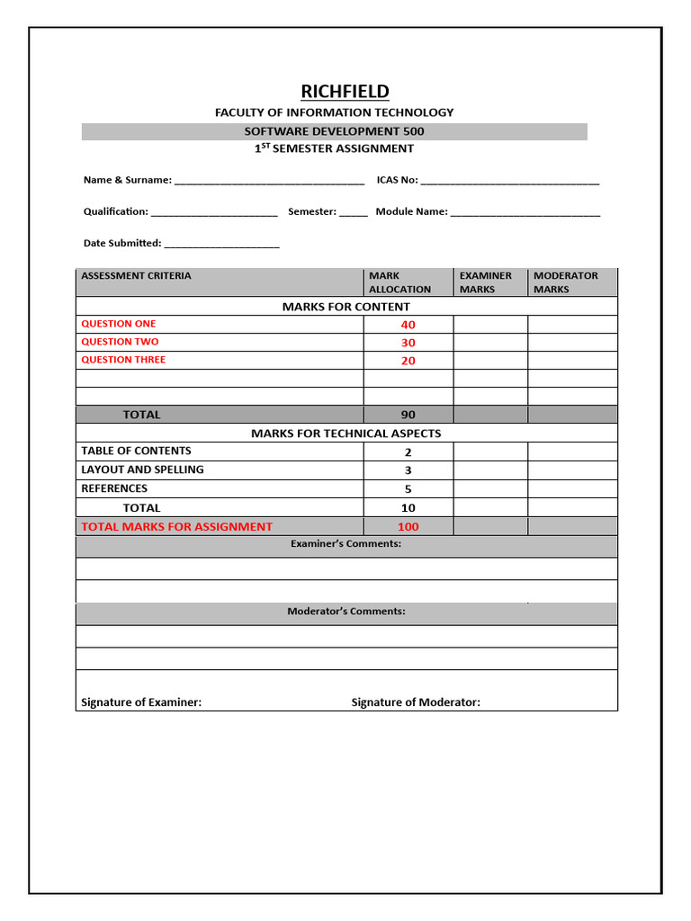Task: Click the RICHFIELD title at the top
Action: click(345, 91)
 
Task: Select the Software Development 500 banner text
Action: click(334, 131)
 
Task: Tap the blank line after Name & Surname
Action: click(269, 181)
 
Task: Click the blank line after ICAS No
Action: click(509, 181)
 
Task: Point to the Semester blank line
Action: click(354, 212)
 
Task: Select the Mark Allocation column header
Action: click(399, 282)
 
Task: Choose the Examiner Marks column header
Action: click(485, 282)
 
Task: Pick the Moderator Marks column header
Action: click(565, 282)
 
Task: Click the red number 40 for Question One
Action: click(408, 325)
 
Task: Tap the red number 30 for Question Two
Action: click(408, 343)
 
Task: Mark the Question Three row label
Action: click(123, 360)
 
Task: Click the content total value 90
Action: click(408, 415)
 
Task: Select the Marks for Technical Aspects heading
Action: click(346, 434)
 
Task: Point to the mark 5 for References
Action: click(408, 489)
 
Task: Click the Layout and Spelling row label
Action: click(142, 469)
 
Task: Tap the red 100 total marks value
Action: click(408, 527)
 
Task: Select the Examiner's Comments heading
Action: click(346, 544)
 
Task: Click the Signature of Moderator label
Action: click(416, 702)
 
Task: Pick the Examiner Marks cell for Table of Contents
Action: click(489, 452)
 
